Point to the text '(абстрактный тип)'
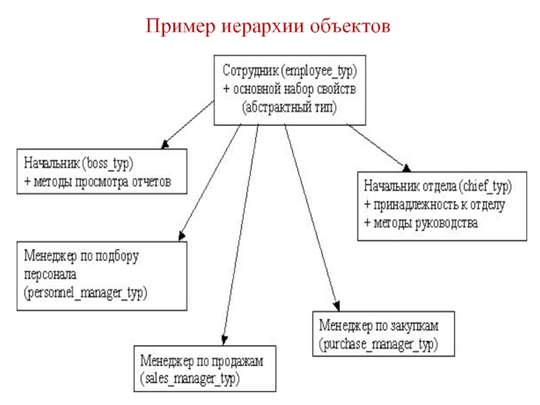[x=290, y=107]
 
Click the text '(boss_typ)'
[x=109, y=163]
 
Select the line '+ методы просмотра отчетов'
[x=97, y=182]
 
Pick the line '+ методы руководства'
[x=421, y=222]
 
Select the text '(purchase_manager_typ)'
[x=379, y=344]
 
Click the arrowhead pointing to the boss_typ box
[x=163, y=144]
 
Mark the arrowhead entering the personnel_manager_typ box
[x=180, y=236]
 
